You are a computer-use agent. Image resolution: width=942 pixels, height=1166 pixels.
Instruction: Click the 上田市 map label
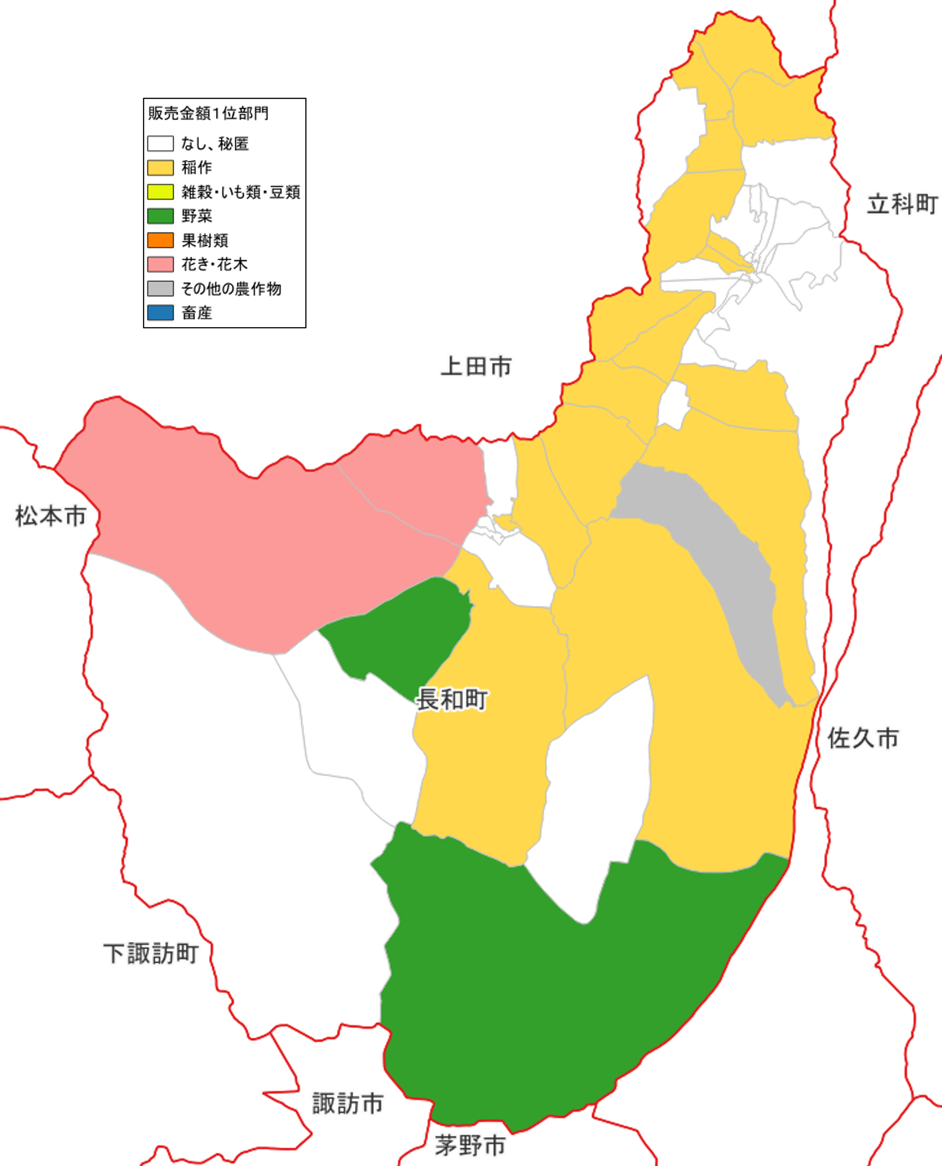pyautogui.click(x=476, y=367)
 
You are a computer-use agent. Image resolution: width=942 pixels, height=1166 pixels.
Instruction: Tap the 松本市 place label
pyautogui.click(x=51, y=516)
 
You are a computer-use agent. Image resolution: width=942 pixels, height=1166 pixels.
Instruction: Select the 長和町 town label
pyautogui.click(x=451, y=700)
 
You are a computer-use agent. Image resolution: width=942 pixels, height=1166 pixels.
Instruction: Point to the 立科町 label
pyautogui.click(x=902, y=204)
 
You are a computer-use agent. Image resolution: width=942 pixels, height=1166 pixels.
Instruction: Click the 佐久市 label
pyautogui.click(x=863, y=739)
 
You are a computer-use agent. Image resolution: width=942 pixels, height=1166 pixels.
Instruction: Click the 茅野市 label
pyautogui.click(x=470, y=1146)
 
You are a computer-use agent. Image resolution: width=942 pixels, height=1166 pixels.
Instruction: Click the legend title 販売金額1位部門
pyautogui.click(x=208, y=113)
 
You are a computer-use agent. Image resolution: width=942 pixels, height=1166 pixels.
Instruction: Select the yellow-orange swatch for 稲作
pyautogui.click(x=160, y=168)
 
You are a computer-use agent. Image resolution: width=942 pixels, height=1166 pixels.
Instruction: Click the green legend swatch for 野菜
pyautogui.click(x=160, y=216)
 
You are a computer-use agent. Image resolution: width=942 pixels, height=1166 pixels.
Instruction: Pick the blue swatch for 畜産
pyautogui.click(x=160, y=313)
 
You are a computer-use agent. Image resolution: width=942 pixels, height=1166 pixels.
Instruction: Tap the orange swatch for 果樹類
pyautogui.click(x=160, y=240)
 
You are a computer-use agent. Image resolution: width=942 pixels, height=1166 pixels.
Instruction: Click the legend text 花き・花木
pyautogui.click(x=214, y=264)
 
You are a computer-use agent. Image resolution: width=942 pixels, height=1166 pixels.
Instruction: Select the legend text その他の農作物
pyautogui.click(x=231, y=289)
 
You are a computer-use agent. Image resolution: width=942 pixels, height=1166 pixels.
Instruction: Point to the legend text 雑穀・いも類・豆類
pyautogui.click(x=241, y=192)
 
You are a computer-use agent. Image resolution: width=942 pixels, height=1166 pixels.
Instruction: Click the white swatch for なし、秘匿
pyautogui.click(x=160, y=144)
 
